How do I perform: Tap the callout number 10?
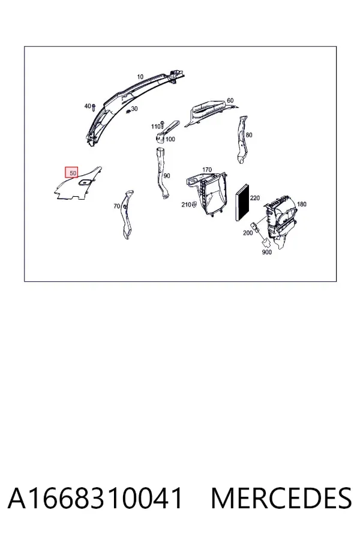click(x=140, y=76)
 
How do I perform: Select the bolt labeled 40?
click(x=93, y=107)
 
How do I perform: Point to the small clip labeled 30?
click(x=128, y=111)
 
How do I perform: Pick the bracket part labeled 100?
click(x=167, y=131)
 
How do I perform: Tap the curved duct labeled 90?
click(x=161, y=173)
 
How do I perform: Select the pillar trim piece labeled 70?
click(x=127, y=214)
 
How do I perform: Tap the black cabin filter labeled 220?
click(x=243, y=203)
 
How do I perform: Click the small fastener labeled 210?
click(x=194, y=205)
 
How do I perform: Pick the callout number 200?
click(x=248, y=233)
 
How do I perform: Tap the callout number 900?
click(x=266, y=252)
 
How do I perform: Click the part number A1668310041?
click(x=95, y=498)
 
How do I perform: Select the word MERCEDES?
click(x=281, y=498)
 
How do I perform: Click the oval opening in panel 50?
click(x=84, y=182)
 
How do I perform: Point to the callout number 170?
click(x=206, y=169)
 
